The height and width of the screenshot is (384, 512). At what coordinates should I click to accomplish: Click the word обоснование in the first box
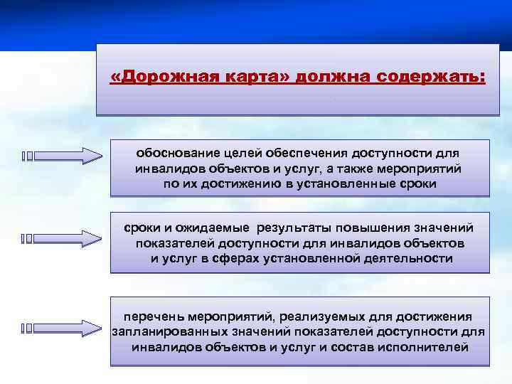tap(177, 153)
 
